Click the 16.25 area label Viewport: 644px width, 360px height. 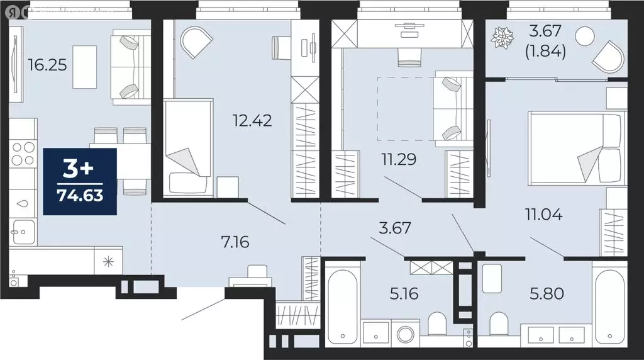[x=47, y=65]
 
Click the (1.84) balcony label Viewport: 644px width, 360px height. [x=545, y=52]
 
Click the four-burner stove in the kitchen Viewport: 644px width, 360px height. [x=23, y=155]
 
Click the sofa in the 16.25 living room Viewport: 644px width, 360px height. [x=131, y=67]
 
